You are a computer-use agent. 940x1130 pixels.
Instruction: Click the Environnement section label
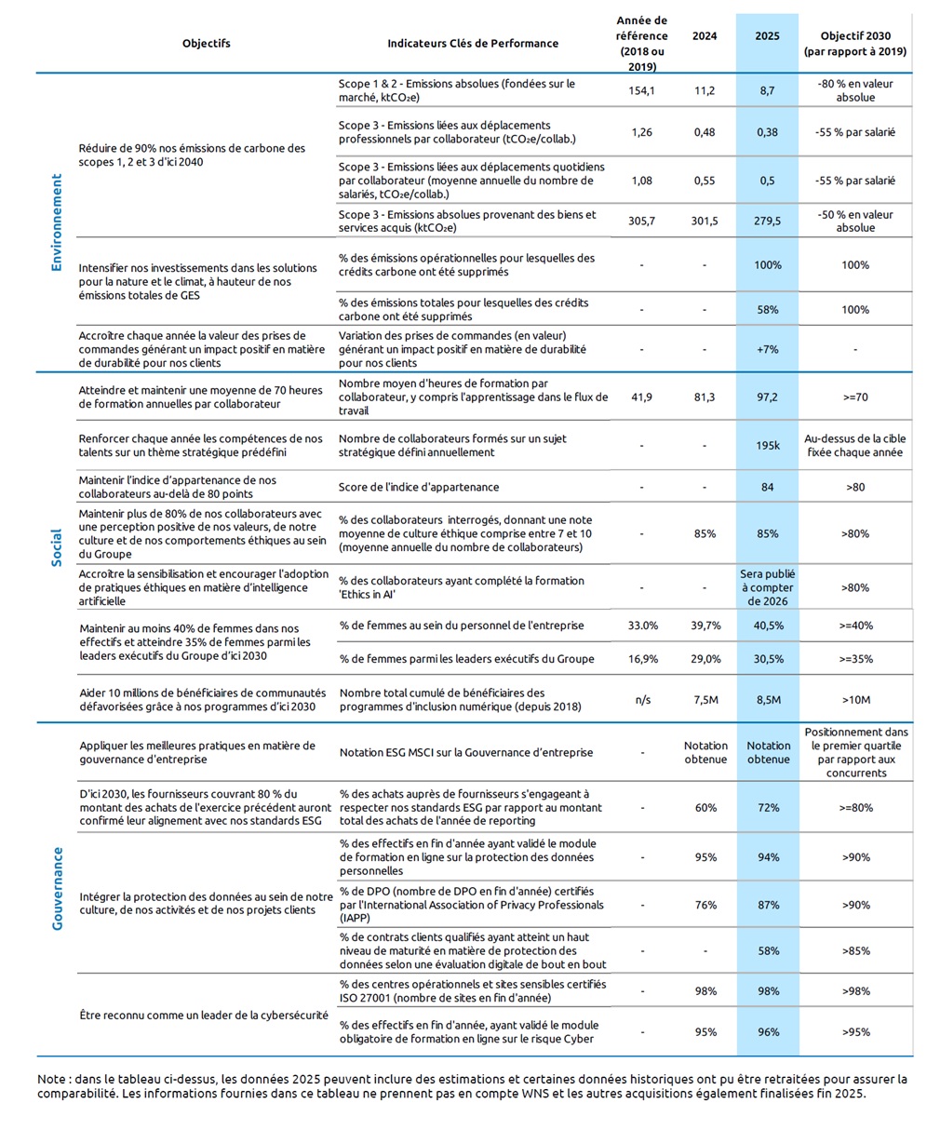[x=57, y=222]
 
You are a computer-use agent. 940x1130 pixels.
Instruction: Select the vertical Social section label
[x=57, y=547]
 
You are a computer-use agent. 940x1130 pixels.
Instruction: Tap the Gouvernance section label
[x=57, y=888]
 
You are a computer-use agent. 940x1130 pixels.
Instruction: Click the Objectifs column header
[x=207, y=43]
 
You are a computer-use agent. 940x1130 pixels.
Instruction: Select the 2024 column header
[x=705, y=36]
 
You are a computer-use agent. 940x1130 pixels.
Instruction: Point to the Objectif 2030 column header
[x=854, y=43]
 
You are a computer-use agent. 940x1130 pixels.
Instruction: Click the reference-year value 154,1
[x=642, y=90]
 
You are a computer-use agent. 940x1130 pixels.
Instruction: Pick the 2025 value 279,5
[x=767, y=221]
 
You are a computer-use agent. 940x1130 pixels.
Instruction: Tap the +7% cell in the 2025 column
[x=767, y=349]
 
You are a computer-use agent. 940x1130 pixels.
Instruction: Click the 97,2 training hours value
[x=767, y=397]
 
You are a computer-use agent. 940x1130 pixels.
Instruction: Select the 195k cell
[x=767, y=445]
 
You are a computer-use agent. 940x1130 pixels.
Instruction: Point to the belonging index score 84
[x=767, y=487]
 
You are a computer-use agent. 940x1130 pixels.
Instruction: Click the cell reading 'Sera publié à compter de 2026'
[x=767, y=587]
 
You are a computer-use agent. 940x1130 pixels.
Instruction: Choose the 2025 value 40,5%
[x=767, y=626]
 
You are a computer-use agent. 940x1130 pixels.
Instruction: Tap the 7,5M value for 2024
[x=705, y=700]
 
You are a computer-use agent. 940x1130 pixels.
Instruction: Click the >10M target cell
[x=854, y=700]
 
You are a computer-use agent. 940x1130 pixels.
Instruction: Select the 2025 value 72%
[x=767, y=808]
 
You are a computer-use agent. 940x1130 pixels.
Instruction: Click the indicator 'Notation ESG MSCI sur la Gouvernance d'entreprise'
[x=465, y=752]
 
